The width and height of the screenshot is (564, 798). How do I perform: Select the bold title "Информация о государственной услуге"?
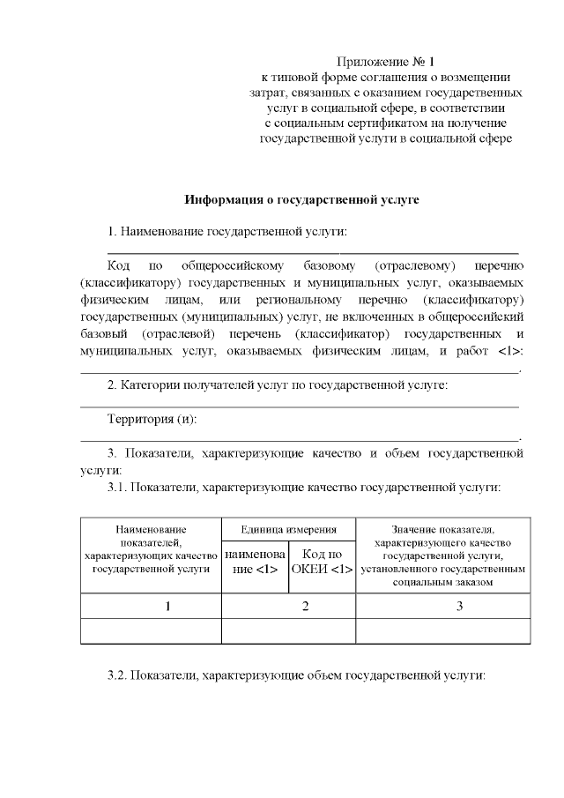tap(301, 199)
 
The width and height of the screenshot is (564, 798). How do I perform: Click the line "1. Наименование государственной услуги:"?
tap(226, 232)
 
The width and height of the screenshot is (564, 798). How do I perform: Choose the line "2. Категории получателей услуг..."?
tap(277, 385)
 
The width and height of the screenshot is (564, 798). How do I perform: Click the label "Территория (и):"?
tap(151, 419)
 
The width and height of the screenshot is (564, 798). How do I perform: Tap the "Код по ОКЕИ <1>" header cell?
tap(322, 562)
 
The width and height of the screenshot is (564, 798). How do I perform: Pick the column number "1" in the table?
tap(151, 608)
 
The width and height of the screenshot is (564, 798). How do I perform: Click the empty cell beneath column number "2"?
tap(288, 631)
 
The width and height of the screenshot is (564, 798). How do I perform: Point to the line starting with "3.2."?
tap(296, 675)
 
